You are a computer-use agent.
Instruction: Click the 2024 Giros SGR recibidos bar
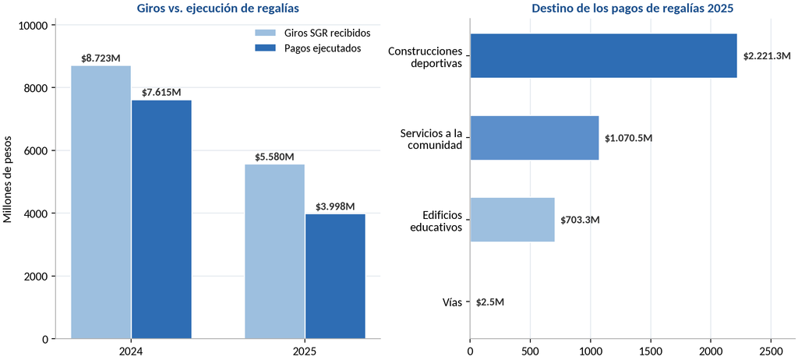101,202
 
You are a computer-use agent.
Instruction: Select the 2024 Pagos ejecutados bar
161,219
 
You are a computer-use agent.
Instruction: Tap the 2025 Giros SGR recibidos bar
275,251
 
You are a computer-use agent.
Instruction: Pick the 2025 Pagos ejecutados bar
335,276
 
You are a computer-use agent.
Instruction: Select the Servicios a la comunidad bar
535,138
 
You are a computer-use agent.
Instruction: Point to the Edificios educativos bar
513,220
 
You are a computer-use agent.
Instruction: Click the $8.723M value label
101,58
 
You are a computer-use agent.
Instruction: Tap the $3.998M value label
335,206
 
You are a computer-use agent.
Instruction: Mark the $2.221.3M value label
767,56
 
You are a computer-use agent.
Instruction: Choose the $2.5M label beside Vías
490,302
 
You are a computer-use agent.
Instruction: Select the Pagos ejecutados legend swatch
265,48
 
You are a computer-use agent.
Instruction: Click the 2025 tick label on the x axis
305,351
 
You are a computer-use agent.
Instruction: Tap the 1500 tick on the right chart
651,351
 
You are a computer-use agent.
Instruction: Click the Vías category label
453,302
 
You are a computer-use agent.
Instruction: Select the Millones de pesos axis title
8,182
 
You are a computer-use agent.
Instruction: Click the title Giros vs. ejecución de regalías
218,8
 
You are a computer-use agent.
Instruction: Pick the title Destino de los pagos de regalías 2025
633,8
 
